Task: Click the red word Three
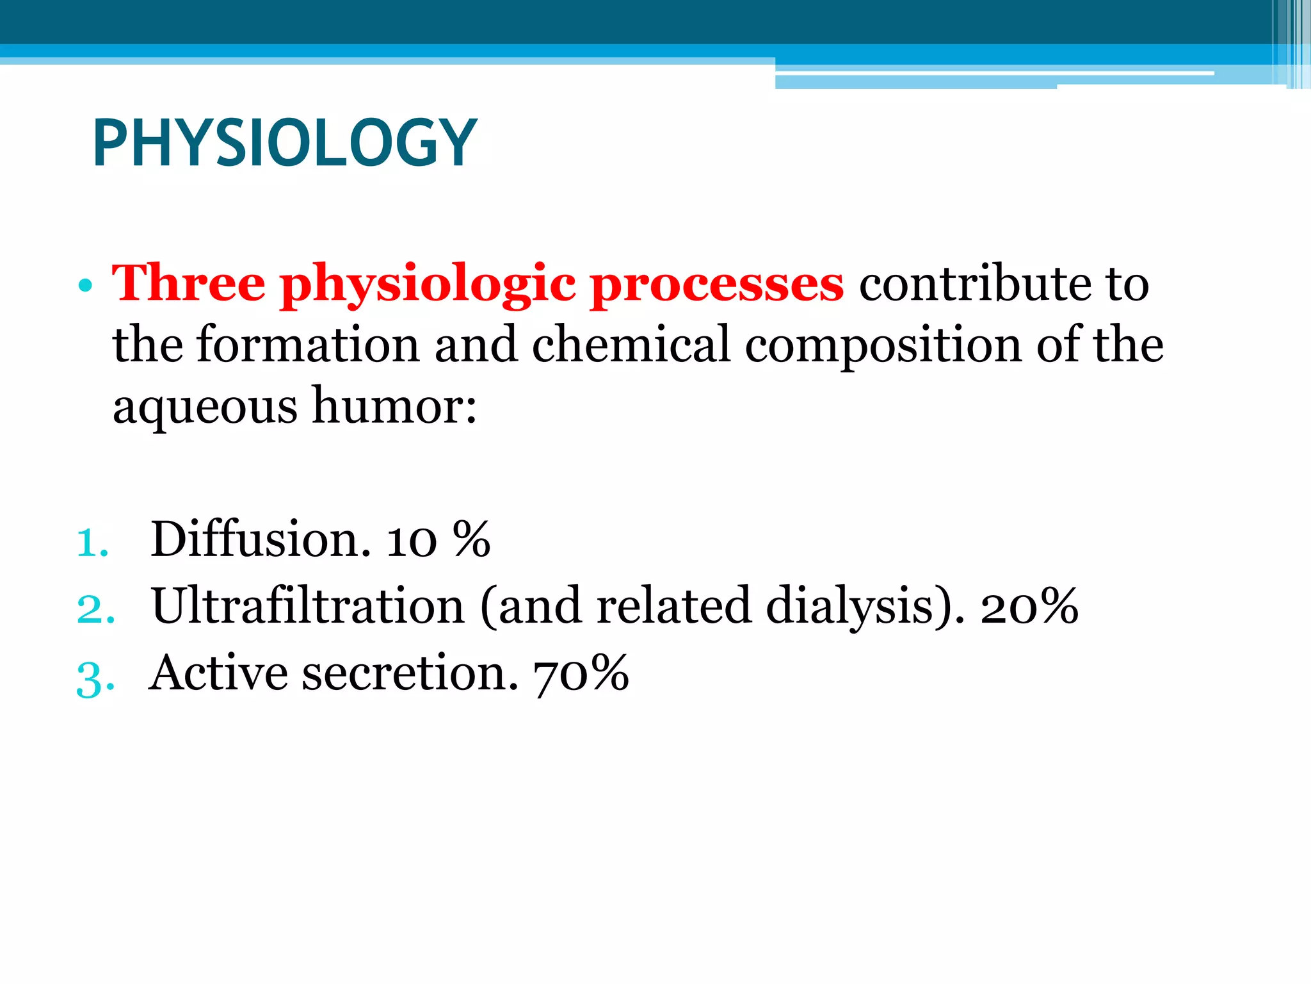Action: point(188,283)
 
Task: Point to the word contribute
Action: point(972,283)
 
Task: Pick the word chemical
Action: point(631,345)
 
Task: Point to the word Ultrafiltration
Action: point(308,606)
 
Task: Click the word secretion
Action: point(410,673)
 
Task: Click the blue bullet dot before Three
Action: point(84,286)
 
